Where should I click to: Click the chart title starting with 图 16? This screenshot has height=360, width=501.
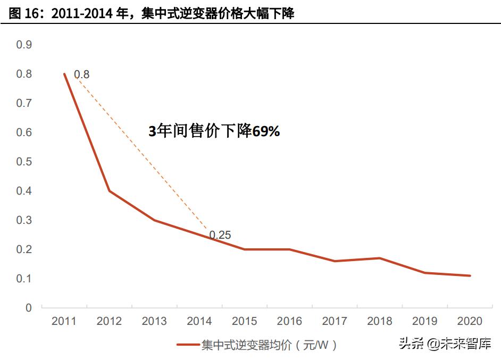coord(152,13)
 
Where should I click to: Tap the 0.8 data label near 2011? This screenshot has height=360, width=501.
coord(81,74)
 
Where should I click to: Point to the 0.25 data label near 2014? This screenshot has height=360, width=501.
coord(220,235)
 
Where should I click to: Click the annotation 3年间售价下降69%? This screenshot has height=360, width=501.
coord(214,131)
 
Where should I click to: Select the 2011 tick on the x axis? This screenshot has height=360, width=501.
coord(64,321)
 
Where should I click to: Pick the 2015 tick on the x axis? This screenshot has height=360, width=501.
coord(244,321)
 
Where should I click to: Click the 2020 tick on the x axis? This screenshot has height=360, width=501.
coord(470,321)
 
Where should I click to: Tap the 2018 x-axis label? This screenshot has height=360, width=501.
coord(380,321)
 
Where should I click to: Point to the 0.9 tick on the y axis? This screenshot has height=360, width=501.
coord(24,45)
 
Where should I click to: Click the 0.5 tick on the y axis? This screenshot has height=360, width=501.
coord(24,162)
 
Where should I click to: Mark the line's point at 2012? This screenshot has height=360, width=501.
coord(109,191)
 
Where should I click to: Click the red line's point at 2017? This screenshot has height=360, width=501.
coord(335,261)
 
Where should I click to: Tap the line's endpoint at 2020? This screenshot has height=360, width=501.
coord(470,275)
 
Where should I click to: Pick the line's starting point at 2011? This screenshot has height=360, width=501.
coord(64,74)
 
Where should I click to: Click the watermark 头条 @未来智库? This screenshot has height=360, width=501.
coord(445,344)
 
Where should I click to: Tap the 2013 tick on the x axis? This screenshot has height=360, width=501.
coord(154,321)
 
